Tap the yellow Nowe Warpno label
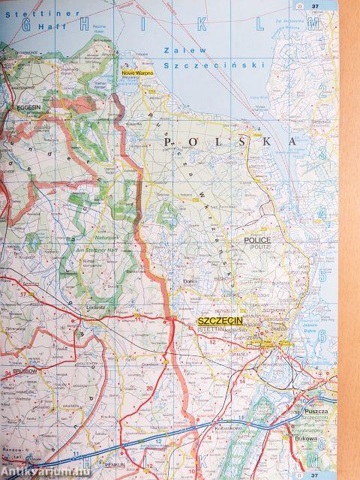coord(138,72)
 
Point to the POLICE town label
coord(256,240)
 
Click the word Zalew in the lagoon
coord(179,49)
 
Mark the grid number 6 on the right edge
coord(322,335)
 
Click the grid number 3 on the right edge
coord(322,153)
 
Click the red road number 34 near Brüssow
coord(7,373)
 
